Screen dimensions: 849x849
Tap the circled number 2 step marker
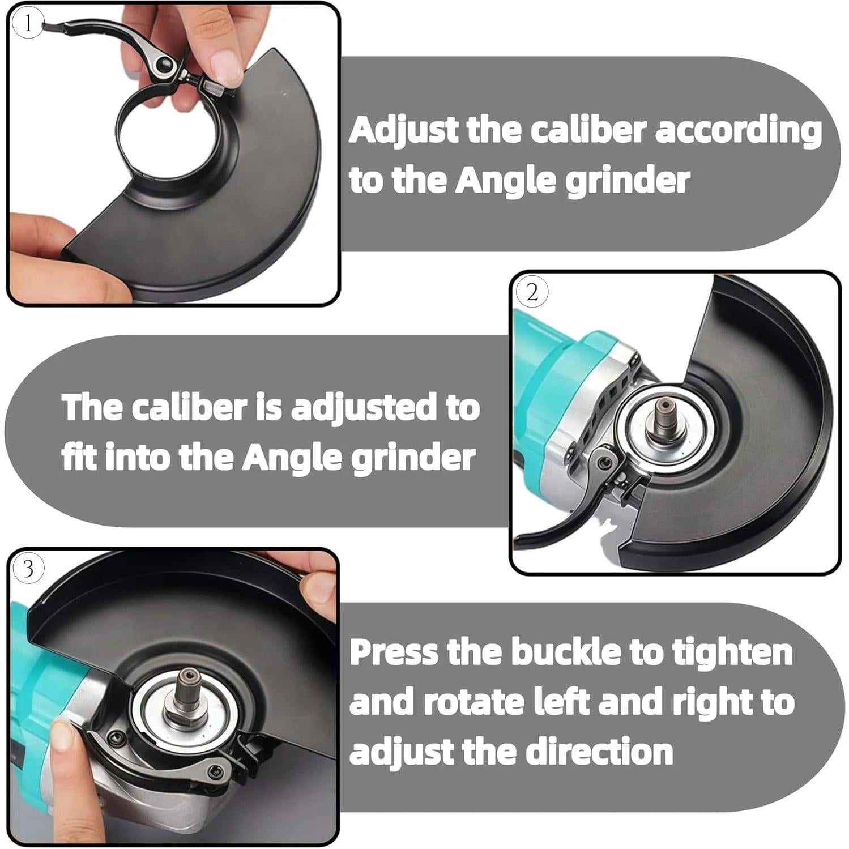coord(532,292)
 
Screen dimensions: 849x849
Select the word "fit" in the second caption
coord(80,457)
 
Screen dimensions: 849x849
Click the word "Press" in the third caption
coord(394,652)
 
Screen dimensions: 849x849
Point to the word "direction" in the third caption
coord(599,751)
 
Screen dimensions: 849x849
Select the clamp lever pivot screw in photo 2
coord(605,463)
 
